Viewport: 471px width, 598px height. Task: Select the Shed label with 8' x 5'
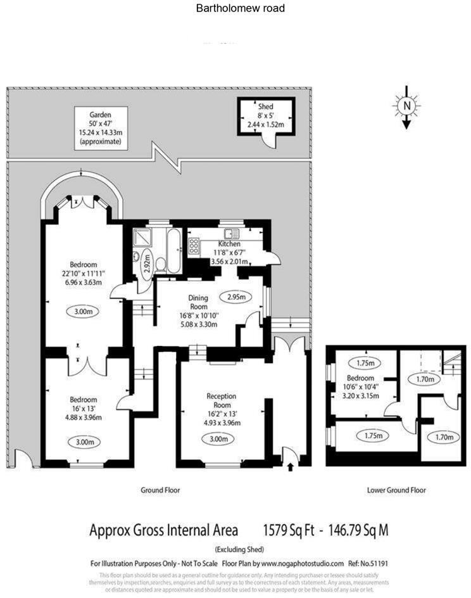(x=265, y=115)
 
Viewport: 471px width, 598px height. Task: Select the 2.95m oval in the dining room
(x=235, y=296)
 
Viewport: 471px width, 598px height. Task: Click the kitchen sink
(x=230, y=232)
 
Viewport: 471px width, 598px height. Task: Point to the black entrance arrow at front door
(x=290, y=468)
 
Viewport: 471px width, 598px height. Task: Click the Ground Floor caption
(x=160, y=490)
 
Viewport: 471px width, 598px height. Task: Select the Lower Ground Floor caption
(x=396, y=490)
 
